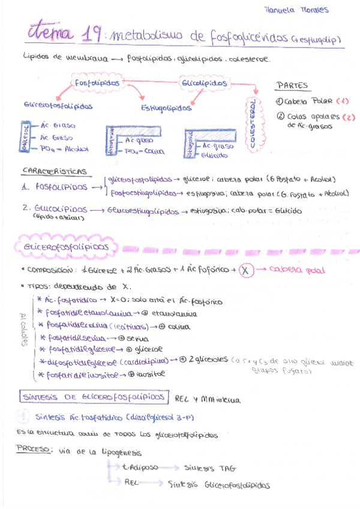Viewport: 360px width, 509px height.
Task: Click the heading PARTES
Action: [292, 85]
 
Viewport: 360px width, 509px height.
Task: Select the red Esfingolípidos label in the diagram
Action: [166, 109]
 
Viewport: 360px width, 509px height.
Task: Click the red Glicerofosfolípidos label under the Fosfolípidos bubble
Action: [58, 105]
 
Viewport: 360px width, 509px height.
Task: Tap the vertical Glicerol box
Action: [26, 137]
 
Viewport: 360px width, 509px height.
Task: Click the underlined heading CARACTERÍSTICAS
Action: [54, 172]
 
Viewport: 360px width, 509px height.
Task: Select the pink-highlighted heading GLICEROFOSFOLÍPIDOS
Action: [67, 247]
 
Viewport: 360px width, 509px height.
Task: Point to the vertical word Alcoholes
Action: [24, 331]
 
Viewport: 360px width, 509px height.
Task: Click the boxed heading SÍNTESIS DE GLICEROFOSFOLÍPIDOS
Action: [93, 397]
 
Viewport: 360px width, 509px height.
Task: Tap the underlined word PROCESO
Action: [34, 448]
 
